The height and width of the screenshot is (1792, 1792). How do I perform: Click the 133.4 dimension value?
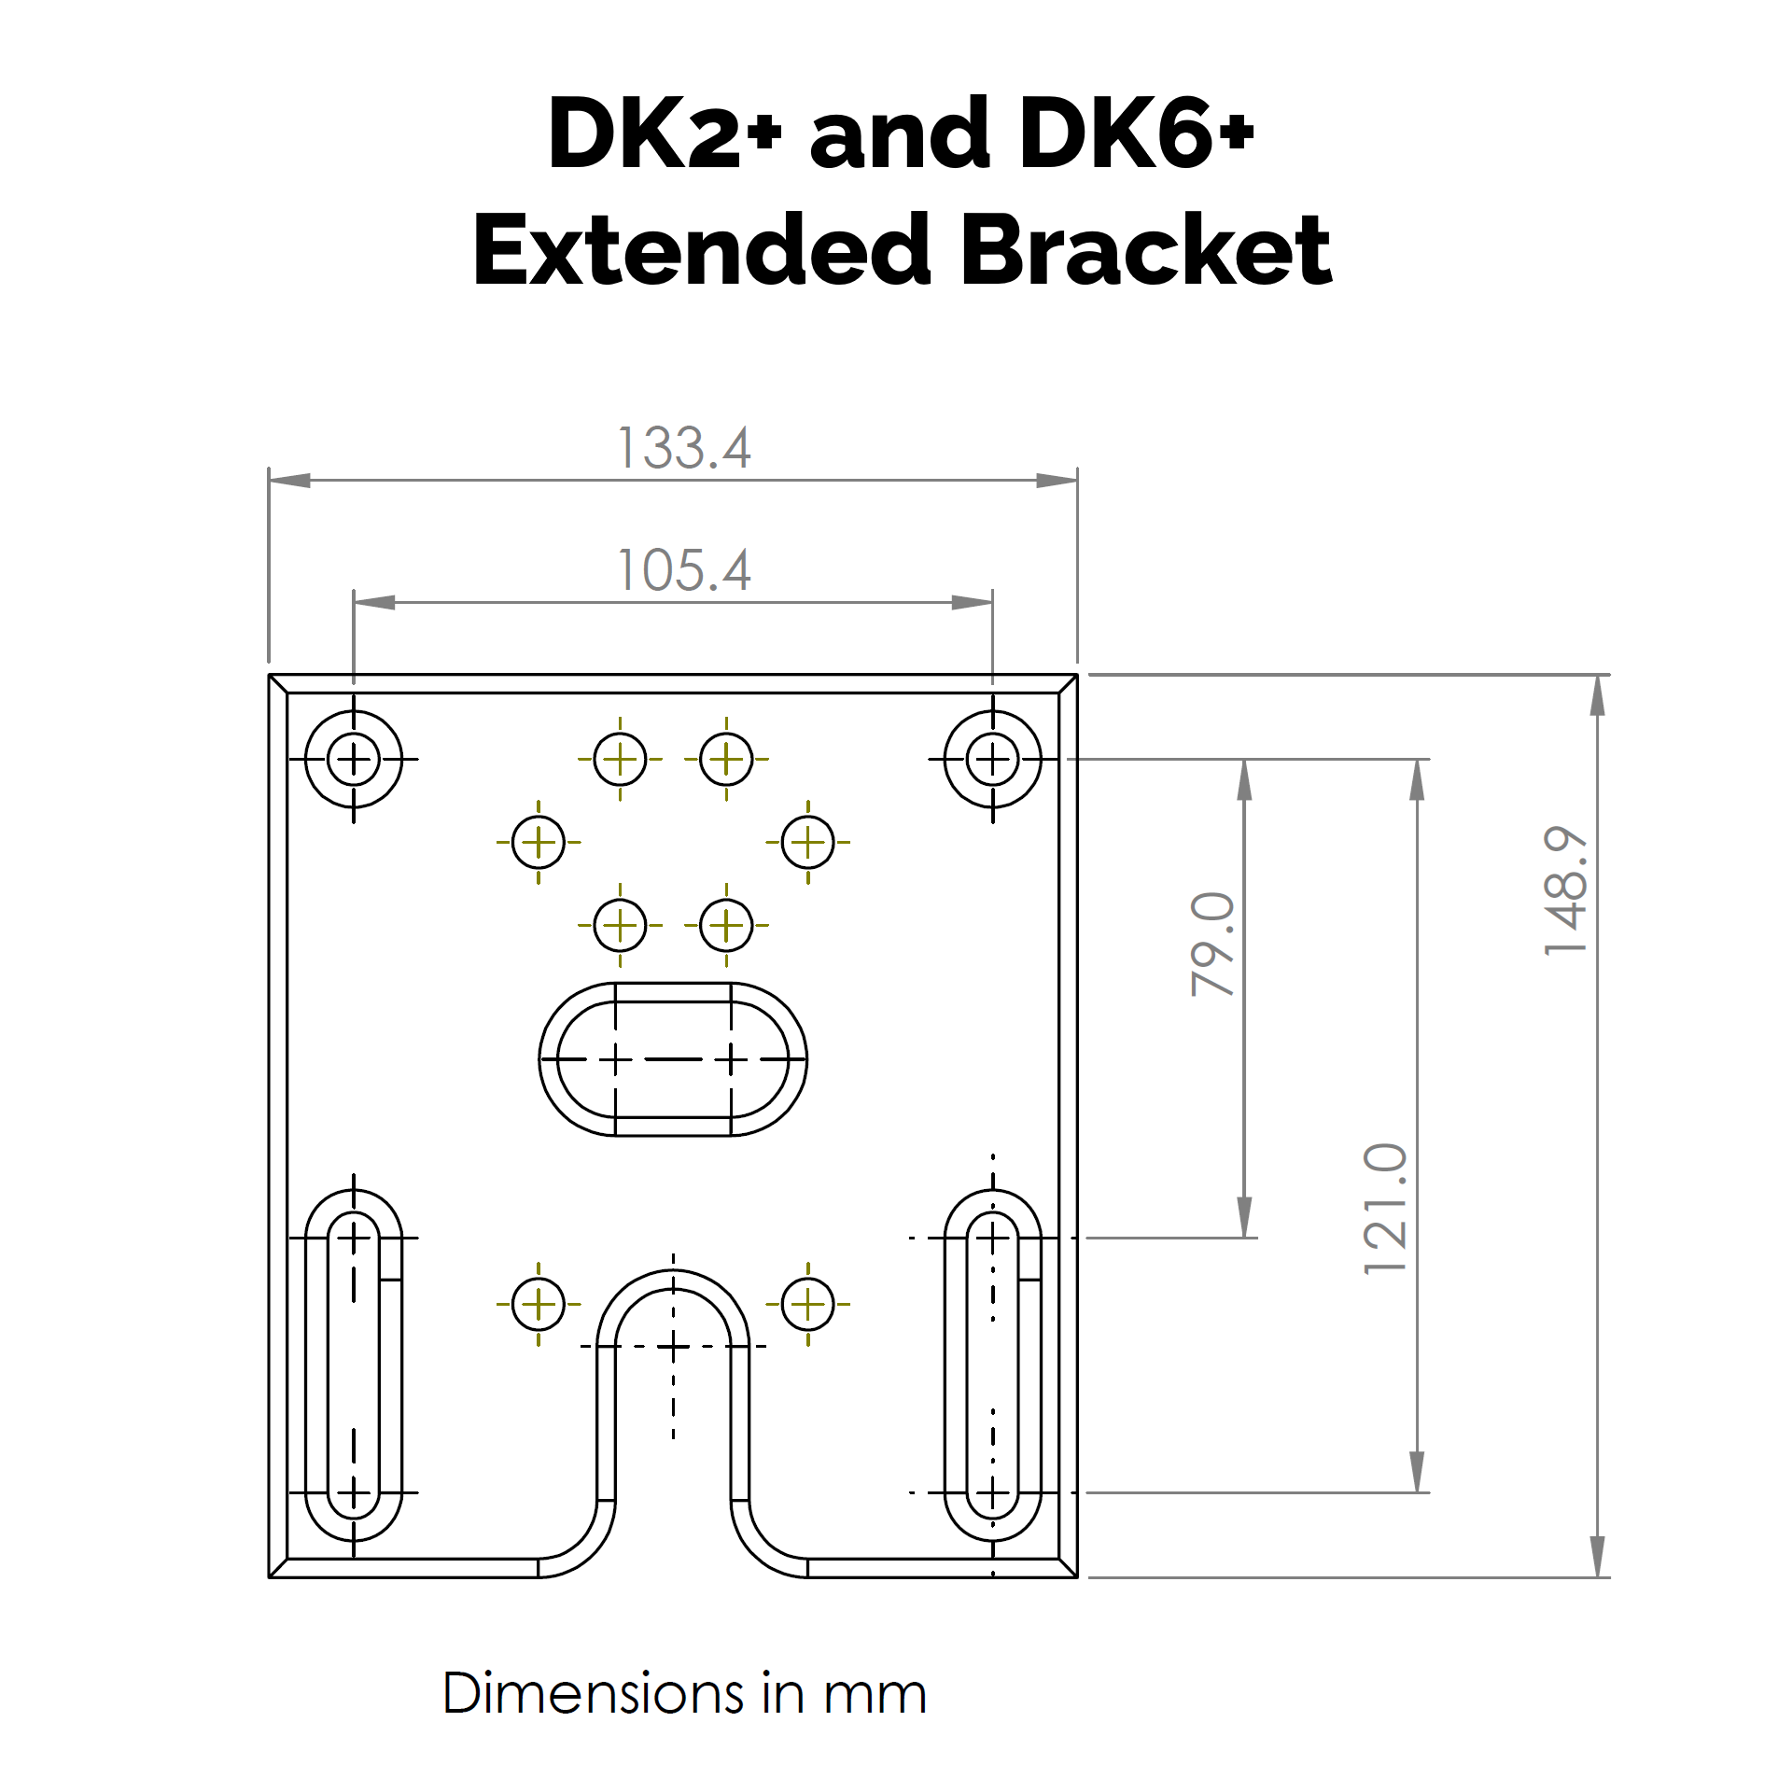(x=684, y=449)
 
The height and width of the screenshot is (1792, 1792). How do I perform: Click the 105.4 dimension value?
(x=684, y=570)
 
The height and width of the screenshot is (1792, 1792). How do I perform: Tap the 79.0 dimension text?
(x=1212, y=944)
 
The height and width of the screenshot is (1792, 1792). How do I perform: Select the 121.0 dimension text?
(x=1385, y=1209)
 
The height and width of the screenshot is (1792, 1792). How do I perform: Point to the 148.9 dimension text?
(x=1565, y=890)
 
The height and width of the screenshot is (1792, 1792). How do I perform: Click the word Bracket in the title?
(x=1146, y=250)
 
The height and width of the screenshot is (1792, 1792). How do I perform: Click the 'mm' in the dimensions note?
(x=875, y=1694)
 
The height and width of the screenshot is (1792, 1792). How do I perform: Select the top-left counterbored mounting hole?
(x=354, y=759)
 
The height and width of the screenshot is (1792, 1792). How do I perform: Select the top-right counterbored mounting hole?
(x=992, y=759)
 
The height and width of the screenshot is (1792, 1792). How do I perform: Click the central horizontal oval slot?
(x=673, y=1059)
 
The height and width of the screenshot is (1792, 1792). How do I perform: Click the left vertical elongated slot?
(x=354, y=1365)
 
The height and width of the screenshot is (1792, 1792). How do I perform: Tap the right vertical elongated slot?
(x=992, y=1365)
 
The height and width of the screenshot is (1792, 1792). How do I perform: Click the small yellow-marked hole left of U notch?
(x=539, y=1304)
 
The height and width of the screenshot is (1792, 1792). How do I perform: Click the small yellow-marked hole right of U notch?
(x=807, y=1304)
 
